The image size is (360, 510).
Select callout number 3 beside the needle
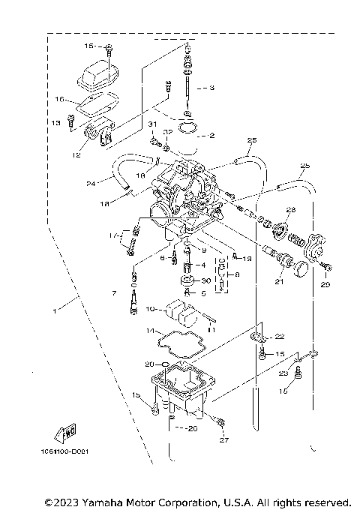(211, 88)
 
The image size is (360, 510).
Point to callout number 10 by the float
(149, 308)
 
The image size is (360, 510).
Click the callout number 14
(150, 331)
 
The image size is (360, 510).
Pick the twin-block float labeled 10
(178, 310)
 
